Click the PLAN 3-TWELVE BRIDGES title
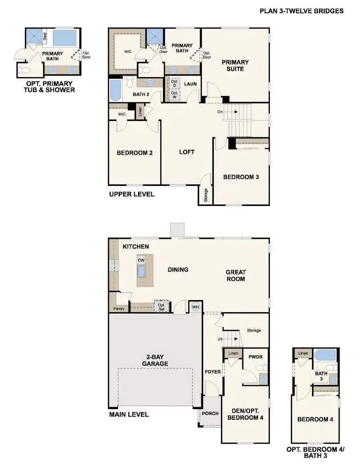[x=301, y=11]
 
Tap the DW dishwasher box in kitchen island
[x=141, y=260]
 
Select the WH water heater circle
[x=195, y=307]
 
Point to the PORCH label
[x=210, y=413]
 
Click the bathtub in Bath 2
[x=115, y=91]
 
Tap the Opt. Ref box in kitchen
[x=161, y=307]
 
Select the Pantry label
[x=119, y=308]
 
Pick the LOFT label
[x=187, y=152]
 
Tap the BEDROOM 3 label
[x=241, y=177]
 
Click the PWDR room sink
[x=264, y=379]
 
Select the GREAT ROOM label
[x=236, y=275]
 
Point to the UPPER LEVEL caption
[x=132, y=194]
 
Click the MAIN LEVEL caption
[x=129, y=414]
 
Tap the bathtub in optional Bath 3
[x=325, y=355]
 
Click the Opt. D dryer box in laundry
[x=174, y=83]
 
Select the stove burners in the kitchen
[x=114, y=265]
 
